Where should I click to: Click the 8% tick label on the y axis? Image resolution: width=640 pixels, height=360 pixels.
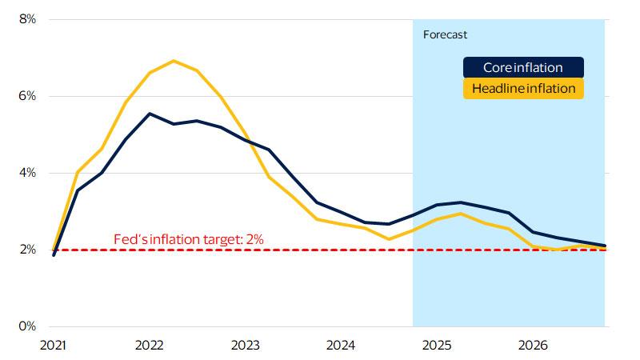click(26, 19)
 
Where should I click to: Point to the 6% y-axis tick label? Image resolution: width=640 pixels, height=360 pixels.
click(26, 96)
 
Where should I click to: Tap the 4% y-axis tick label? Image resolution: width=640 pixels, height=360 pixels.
click(26, 173)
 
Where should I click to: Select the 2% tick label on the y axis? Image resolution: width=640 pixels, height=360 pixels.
click(26, 250)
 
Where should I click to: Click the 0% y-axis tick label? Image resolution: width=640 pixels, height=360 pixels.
click(26, 326)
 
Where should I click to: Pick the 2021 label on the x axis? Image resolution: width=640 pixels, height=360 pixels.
click(54, 346)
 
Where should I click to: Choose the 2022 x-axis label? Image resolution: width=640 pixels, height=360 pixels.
click(150, 346)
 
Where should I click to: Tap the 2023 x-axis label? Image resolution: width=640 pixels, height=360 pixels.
click(245, 346)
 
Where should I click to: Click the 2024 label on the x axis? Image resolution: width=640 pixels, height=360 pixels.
click(341, 346)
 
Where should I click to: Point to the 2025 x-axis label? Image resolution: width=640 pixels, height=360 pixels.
click(437, 346)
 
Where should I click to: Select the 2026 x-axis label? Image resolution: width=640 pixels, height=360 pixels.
click(533, 346)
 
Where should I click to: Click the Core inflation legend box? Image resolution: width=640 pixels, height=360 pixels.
click(523, 68)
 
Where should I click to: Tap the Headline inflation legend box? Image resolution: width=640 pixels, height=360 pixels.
click(523, 89)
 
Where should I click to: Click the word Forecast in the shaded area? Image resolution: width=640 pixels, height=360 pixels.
click(445, 35)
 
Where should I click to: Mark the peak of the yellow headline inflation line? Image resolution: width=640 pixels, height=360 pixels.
click(174, 61)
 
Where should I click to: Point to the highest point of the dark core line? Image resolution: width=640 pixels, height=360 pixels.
click(150, 114)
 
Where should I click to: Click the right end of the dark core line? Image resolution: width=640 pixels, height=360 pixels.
click(605, 246)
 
